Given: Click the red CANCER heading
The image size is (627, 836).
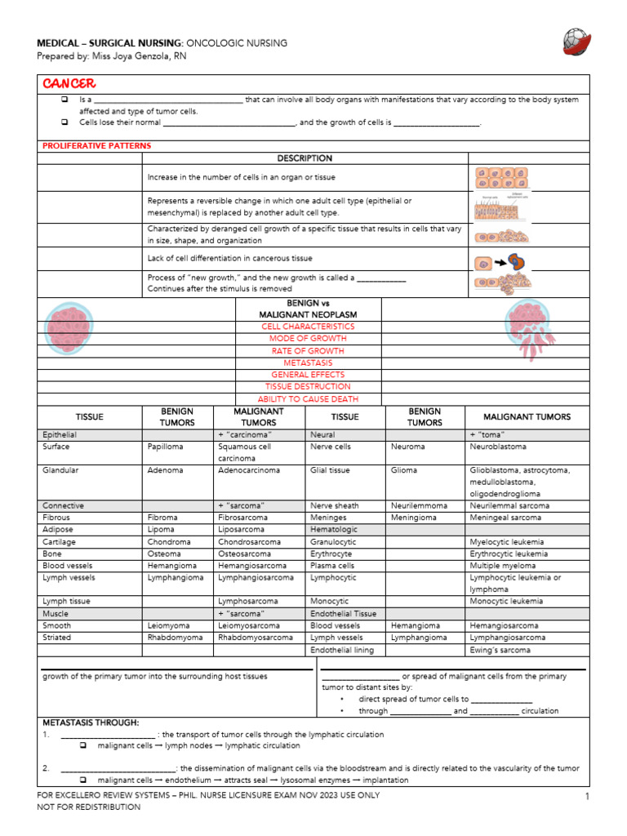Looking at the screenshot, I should coord(69,83).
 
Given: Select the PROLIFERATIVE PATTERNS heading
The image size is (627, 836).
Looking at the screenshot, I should coord(96,145).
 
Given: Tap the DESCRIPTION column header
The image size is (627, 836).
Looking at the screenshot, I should coord(305,158).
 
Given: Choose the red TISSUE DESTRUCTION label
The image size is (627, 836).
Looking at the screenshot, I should coord(308,386).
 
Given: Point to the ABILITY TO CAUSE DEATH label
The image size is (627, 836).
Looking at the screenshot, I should coord(308,399).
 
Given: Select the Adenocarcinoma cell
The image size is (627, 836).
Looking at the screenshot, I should coord(248,471).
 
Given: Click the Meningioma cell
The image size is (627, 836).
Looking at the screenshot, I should coord(413,518).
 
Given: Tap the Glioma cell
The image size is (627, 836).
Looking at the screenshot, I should coord(404,471).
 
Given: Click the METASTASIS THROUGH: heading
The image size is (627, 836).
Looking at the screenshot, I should coord(91,723).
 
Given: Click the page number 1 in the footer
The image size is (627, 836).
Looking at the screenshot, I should coord(586,796).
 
